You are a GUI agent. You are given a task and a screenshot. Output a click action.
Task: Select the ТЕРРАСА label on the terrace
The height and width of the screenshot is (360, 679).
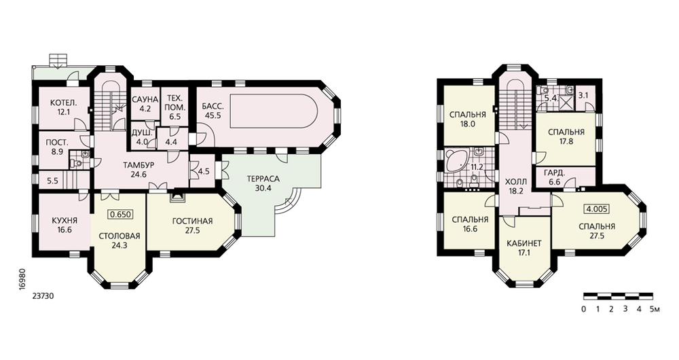(263, 179)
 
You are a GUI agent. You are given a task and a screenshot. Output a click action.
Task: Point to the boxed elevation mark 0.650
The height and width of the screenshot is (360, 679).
(120, 215)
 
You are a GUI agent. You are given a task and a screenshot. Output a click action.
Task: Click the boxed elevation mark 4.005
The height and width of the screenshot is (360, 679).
(597, 209)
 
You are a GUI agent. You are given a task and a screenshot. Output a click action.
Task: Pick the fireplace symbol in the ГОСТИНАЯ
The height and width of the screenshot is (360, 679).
(177, 197)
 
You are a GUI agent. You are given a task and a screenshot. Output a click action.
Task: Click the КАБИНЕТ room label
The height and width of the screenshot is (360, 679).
(524, 243)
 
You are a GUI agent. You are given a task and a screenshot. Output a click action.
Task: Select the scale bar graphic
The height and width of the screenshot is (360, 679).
(618, 296)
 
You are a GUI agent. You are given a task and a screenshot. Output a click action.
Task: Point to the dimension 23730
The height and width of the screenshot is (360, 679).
(42, 297)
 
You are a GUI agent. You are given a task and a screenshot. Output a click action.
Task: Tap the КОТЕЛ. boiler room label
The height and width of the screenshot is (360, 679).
(64, 103)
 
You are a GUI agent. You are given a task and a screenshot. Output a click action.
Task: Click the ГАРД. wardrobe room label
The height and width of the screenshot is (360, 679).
(554, 173)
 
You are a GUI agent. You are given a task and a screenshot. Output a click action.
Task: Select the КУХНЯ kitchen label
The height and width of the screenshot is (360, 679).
(64, 221)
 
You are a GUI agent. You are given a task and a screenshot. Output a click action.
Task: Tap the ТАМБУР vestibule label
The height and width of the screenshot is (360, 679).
(139, 165)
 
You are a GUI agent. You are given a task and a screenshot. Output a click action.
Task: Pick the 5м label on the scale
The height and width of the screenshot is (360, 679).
(655, 309)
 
